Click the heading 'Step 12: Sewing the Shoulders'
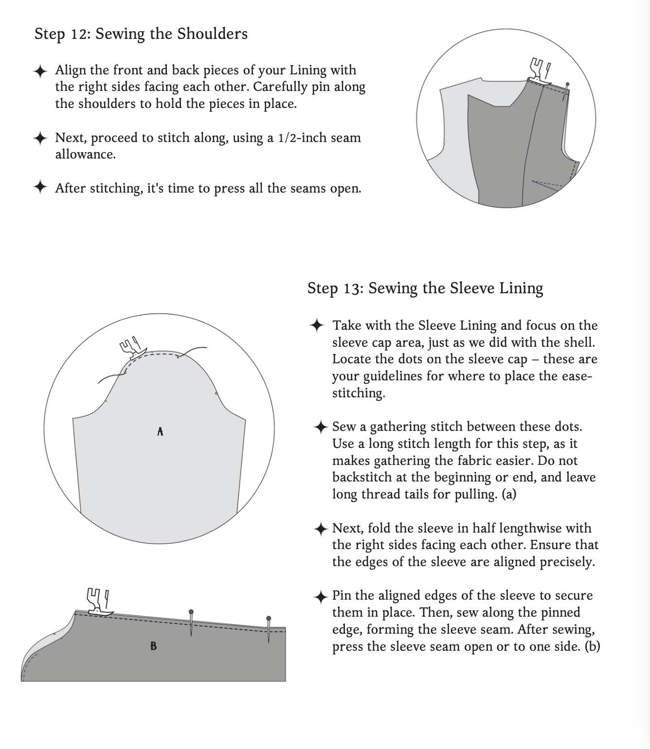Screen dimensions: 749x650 tap(141, 34)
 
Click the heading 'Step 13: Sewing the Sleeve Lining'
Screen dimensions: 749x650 tap(425, 288)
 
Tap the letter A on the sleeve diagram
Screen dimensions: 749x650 tap(160, 431)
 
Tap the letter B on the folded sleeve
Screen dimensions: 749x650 tap(153, 646)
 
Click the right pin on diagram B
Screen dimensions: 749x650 tap(269, 629)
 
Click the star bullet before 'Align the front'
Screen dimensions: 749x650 tap(40, 71)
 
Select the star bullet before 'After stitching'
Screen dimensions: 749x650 tap(40, 187)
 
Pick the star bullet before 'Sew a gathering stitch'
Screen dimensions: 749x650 tap(320, 428)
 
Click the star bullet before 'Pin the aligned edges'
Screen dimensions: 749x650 tap(320, 596)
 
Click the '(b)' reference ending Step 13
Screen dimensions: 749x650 tap(592, 646)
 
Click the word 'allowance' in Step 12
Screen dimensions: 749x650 tap(85, 155)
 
